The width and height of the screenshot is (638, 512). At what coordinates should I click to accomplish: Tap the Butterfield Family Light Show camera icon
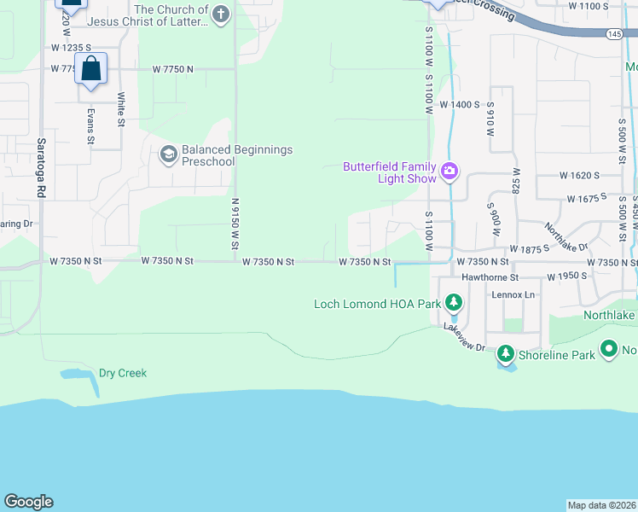point(449,173)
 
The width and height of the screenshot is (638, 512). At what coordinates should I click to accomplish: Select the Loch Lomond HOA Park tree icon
point(455,302)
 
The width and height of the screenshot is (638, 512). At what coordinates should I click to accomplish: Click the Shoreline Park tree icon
point(506,352)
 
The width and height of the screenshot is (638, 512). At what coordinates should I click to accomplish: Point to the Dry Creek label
point(123,373)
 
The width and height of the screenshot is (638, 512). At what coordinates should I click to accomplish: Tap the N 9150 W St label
point(235,224)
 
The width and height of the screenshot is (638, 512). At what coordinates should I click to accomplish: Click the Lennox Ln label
point(513,294)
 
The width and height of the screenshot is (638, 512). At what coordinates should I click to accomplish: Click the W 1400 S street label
point(460,104)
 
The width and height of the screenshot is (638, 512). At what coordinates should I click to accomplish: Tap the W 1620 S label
point(580,175)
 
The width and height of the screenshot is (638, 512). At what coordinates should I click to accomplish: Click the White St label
point(121,110)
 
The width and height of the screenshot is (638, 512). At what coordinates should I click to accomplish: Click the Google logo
point(28,502)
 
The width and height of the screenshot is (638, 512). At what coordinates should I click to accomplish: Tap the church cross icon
point(221,14)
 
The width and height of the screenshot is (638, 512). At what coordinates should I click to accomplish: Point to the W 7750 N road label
point(173,68)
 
